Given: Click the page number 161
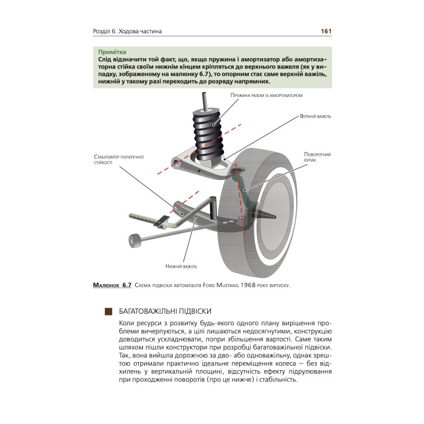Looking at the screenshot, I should coord(325,31).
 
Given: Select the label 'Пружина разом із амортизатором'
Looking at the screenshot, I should coord(266,96).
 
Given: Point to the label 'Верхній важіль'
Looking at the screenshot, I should coord(315,116).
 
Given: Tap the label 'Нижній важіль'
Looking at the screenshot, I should coord(181,266).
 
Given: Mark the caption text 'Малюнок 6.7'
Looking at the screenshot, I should coord(113,285).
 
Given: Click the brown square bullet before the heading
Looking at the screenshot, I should coord(108,311).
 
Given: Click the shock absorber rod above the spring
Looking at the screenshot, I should coord(205,101).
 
